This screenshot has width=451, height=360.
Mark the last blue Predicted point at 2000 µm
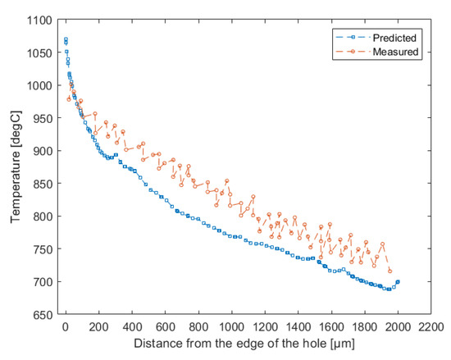[x=399, y=281]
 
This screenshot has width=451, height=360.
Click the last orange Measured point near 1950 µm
[x=390, y=271]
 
